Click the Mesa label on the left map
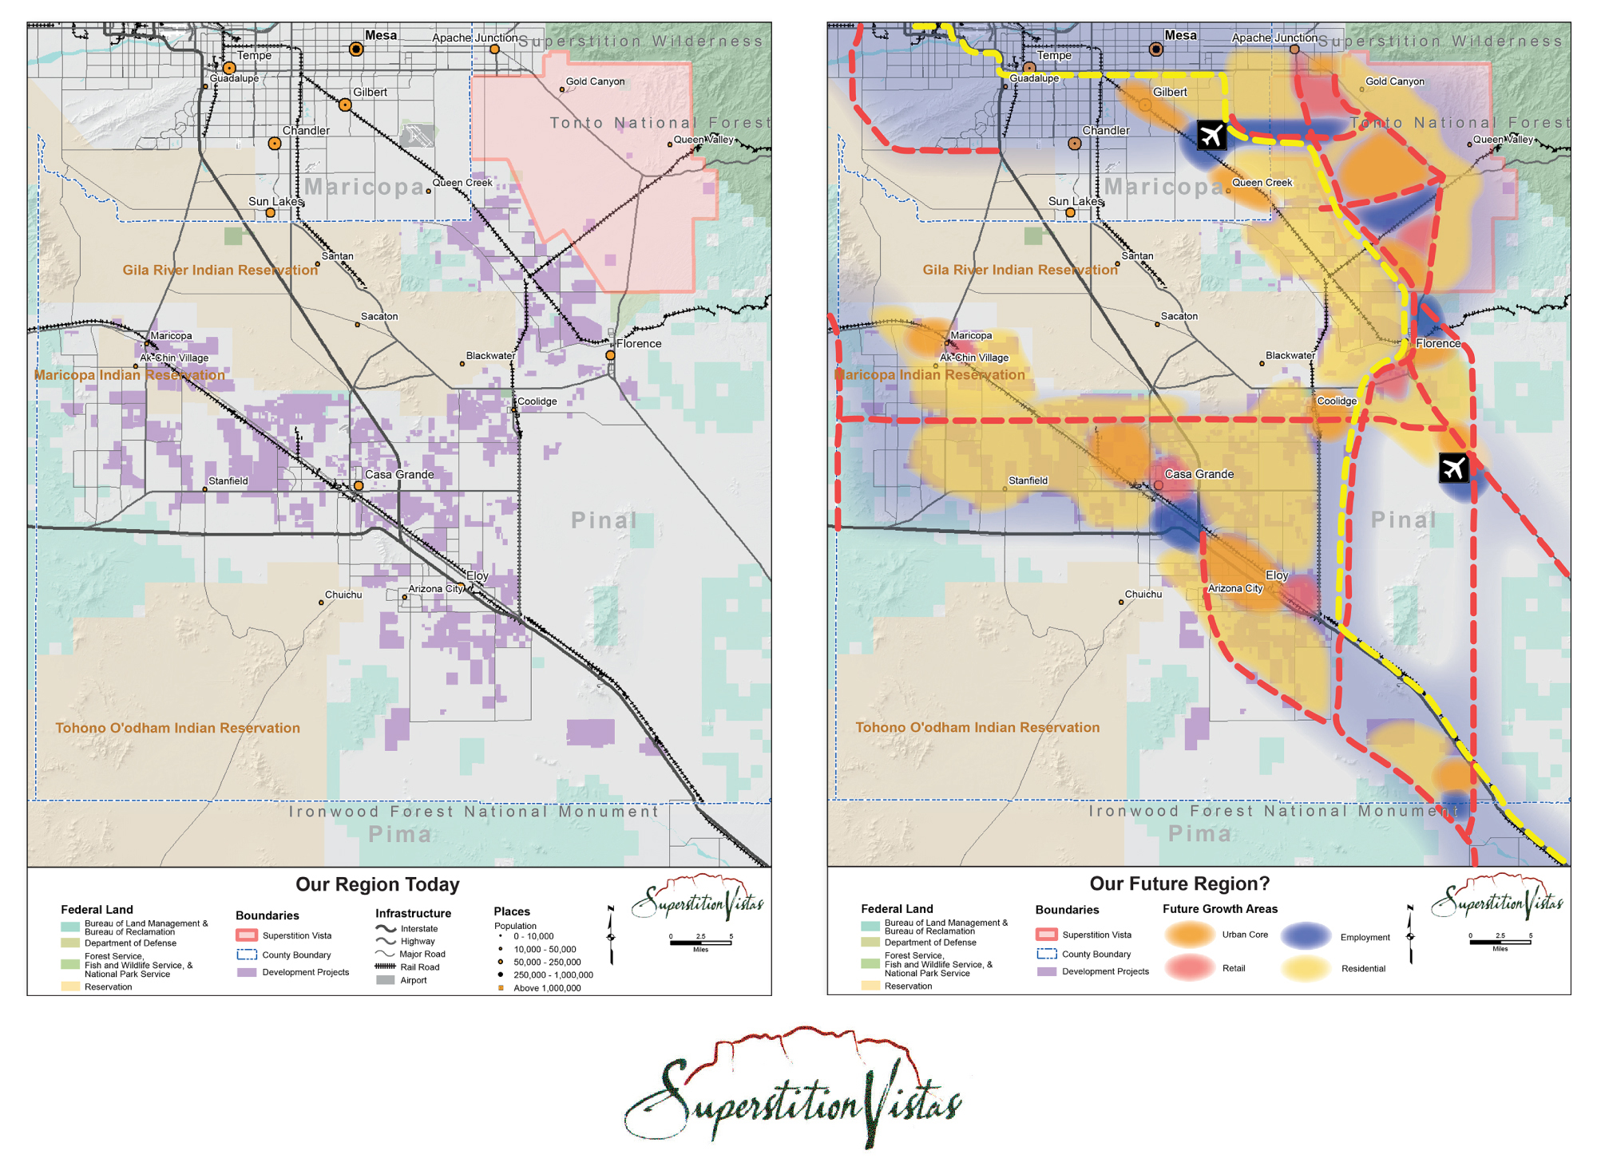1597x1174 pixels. pyautogui.click(x=380, y=35)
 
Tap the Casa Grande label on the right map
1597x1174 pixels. pyautogui.click(x=1199, y=474)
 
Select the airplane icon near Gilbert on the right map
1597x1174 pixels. pyautogui.click(x=1211, y=135)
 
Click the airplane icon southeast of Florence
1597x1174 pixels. pyautogui.click(x=1453, y=468)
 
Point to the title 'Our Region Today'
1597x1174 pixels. pyautogui.click(x=377, y=884)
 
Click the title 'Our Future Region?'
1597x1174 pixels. pyautogui.click(x=1179, y=883)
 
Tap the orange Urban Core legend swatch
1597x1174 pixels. pyautogui.click(x=1189, y=935)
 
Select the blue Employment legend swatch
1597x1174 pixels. pyautogui.click(x=1306, y=936)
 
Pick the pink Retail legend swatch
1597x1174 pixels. pyautogui.click(x=1189, y=967)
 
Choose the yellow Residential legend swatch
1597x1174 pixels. pyautogui.click(x=1306, y=968)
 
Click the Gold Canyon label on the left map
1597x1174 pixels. pyautogui.click(x=595, y=81)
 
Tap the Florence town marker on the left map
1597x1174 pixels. pyautogui.click(x=610, y=355)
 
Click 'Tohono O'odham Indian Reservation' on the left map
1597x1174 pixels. pyautogui.click(x=177, y=728)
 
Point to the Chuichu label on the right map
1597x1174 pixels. pyautogui.click(x=1143, y=595)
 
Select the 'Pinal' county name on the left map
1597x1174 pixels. pyautogui.click(x=604, y=520)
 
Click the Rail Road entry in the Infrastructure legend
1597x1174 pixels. pyautogui.click(x=419, y=967)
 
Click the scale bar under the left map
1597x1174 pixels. pyautogui.click(x=700, y=943)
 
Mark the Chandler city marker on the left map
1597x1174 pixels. pyautogui.click(x=275, y=144)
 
